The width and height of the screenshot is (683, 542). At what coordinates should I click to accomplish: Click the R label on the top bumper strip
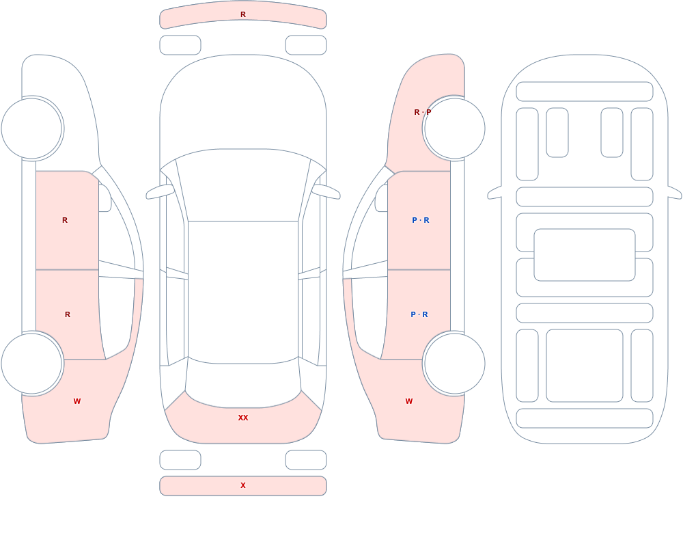(243, 14)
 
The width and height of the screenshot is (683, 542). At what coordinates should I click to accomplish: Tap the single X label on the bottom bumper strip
(243, 485)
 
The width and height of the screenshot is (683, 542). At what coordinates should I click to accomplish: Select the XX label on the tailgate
(243, 418)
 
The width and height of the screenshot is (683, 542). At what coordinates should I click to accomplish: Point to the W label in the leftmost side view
(77, 401)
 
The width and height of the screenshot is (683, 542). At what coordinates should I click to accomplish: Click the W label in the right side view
(409, 401)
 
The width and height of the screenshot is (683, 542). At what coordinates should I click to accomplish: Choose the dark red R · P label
(423, 112)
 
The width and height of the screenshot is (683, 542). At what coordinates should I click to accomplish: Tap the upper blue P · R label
(421, 220)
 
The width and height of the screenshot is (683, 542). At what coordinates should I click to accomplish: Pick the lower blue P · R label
(419, 314)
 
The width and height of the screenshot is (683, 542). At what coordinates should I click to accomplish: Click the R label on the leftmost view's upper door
(65, 220)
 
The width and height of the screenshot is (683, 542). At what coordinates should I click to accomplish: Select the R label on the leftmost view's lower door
(68, 314)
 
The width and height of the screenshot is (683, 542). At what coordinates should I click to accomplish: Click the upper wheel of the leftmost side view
(31, 128)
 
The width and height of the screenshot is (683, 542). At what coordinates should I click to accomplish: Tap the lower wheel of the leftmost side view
(31, 364)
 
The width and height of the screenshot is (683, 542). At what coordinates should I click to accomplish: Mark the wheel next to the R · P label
(455, 128)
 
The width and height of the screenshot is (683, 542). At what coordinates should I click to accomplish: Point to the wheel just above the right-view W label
(455, 364)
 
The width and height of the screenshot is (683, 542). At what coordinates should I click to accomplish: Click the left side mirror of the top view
(160, 192)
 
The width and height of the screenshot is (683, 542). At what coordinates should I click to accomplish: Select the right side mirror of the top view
(326, 192)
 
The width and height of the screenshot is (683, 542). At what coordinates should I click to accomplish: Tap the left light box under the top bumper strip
(180, 45)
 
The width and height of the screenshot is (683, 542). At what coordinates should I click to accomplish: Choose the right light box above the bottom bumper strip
(306, 460)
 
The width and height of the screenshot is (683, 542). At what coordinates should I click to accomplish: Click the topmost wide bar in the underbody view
(585, 92)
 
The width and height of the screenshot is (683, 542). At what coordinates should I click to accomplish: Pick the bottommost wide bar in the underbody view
(585, 418)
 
